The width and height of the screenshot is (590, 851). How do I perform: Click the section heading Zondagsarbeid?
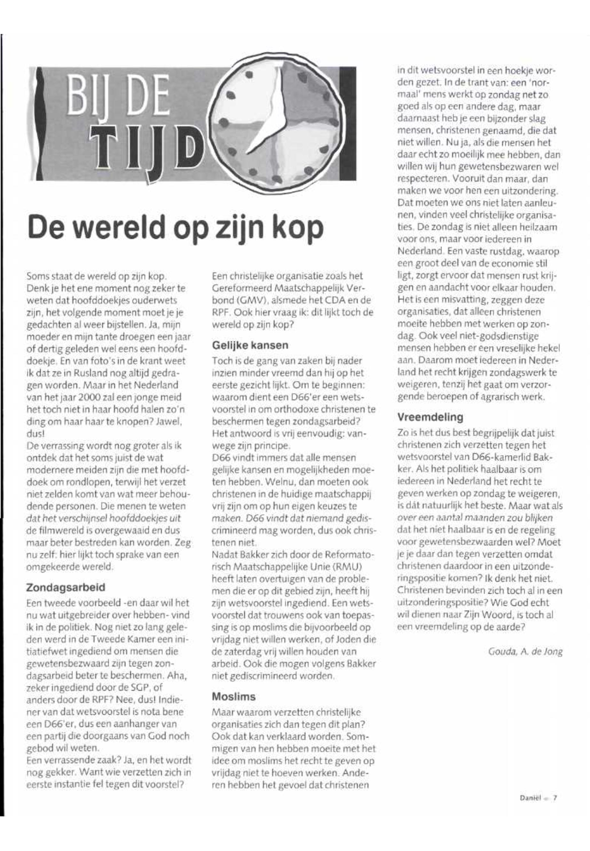coord(66,588)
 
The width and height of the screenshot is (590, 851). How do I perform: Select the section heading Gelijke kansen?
coord(250,346)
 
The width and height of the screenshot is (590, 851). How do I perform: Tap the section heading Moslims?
coord(234,697)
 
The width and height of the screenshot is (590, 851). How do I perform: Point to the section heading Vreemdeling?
coord(430,417)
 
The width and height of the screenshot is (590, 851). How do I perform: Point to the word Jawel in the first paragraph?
coord(166,422)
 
